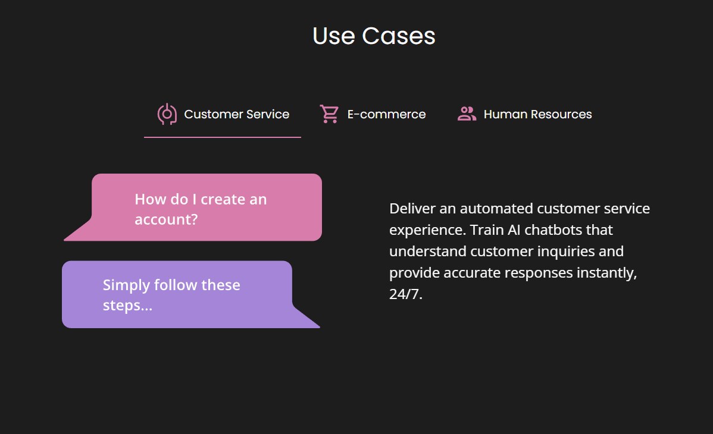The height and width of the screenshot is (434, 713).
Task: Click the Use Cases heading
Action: tap(374, 36)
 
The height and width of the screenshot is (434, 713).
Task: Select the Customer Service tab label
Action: tap(236, 114)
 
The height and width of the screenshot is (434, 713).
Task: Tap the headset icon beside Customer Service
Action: tap(167, 114)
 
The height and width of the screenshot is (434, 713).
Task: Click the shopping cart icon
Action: tap(329, 114)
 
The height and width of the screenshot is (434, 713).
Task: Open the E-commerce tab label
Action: tap(386, 114)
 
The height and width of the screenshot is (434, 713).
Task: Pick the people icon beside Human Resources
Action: tap(467, 114)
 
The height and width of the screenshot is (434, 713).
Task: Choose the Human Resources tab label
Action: tap(538, 114)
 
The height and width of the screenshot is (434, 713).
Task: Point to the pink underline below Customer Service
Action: tap(223, 137)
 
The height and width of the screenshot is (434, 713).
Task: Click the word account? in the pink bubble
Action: tap(166, 220)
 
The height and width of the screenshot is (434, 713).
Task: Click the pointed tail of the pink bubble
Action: tap(65, 239)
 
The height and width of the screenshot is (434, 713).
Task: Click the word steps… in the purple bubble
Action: tap(127, 306)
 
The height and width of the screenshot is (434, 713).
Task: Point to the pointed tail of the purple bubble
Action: tap(318, 326)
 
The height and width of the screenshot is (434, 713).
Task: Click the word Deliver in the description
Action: tap(412, 209)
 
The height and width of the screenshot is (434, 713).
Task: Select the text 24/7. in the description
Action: tap(406, 294)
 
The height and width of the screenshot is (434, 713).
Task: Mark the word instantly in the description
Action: tap(606, 273)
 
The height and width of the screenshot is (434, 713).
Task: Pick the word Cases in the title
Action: tap(399, 36)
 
